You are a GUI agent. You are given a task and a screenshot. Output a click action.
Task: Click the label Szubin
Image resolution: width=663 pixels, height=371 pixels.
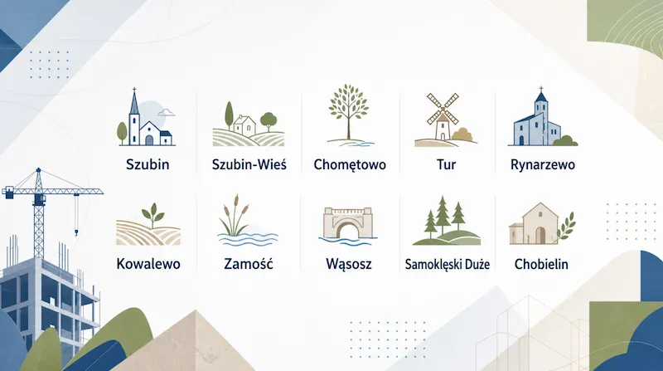click(x=148, y=164)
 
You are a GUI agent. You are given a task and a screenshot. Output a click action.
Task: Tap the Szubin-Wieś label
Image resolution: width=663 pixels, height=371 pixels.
click(x=249, y=164)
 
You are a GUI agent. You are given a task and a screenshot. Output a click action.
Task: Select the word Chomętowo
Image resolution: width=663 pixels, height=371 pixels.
click(x=350, y=164)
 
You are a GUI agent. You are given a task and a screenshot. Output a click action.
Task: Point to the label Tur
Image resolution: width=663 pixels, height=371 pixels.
click(x=446, y=164)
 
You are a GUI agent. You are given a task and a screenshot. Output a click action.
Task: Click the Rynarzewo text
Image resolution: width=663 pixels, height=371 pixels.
click(x=543, y=164)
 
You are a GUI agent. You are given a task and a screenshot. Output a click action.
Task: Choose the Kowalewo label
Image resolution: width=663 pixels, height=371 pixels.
click(x=148, y=264)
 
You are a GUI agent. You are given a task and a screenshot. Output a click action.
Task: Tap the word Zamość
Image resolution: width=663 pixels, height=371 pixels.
click(x=249, y=264)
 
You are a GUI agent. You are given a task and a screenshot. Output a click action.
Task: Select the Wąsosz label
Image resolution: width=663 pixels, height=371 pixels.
click(x=349, y=264)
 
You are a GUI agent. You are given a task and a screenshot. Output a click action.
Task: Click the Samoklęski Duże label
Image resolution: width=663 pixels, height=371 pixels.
click(x=447, y=264)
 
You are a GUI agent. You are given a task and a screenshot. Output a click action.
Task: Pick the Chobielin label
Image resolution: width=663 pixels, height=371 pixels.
click(x=541, y=264)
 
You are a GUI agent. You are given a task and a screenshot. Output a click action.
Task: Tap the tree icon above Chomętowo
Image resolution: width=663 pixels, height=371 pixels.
click(x=348, y=112)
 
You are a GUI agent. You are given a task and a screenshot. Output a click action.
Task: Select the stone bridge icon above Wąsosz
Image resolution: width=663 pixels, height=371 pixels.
click(x=347, y=222)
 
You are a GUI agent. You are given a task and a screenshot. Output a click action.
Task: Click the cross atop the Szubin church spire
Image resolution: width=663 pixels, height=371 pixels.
click(x=134, y=91)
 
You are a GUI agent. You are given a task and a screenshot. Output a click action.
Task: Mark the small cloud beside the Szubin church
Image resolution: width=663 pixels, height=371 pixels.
click(x=167, y=112)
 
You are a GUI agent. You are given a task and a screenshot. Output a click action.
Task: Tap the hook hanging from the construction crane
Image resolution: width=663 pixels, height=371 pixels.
click(x=76, y=232)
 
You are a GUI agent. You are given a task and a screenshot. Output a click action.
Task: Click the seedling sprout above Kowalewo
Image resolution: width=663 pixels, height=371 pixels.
click(x=153, y=215)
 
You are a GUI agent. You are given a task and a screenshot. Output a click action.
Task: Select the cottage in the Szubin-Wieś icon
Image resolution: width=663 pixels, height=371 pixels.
click(x=244, y=124)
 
